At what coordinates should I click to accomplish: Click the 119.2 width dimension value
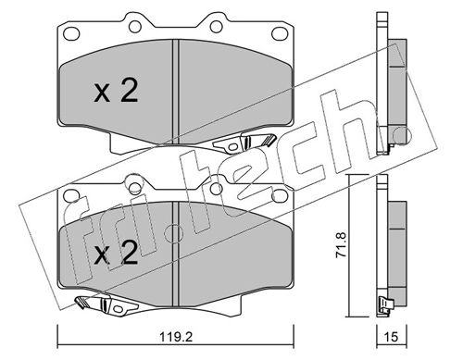coord(176,337)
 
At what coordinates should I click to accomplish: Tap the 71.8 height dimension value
coord(342,244)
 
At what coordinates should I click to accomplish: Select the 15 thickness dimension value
coord(392,337)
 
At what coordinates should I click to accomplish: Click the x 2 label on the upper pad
coord(116,90)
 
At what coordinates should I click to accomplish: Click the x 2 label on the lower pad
coord(116,253)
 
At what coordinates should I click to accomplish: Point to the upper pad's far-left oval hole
coord(71,33)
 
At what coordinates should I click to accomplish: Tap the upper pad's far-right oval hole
coord(280,33)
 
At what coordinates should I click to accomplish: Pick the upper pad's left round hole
coord(135,27)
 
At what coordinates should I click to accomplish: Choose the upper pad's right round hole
coord(217,27)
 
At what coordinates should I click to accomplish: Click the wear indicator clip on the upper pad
coord(244,143)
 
